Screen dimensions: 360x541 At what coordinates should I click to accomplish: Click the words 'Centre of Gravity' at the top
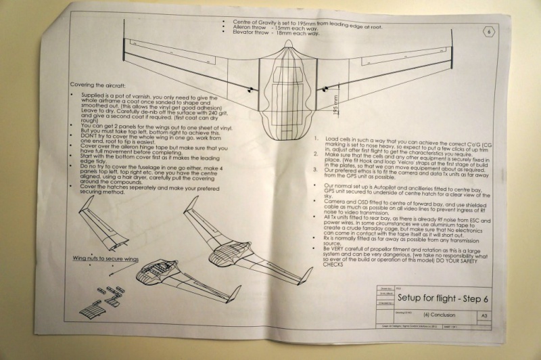pyautogui.click(x=255, y=22)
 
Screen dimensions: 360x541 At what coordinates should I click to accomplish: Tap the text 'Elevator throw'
pyautogui.click(x=252, y=33)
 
